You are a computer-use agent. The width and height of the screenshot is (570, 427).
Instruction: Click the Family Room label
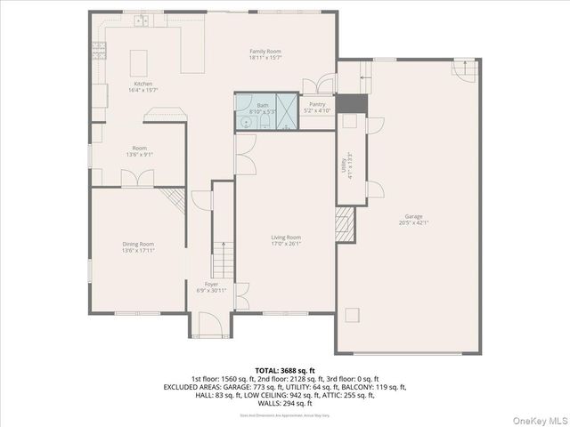coord(265,52)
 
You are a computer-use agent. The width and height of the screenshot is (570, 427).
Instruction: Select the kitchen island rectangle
coord(139,62)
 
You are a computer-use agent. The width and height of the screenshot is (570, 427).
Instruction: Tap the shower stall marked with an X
coord(285,102)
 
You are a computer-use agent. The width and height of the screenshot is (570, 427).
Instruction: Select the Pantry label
coord(317,104)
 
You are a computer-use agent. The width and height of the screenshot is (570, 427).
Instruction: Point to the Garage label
coord(413,216)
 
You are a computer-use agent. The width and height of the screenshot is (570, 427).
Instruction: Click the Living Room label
coord(286,237)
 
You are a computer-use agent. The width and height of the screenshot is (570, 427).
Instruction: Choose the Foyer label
coord(211,284)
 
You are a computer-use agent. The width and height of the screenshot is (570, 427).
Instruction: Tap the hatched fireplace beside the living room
coord(342,221)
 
